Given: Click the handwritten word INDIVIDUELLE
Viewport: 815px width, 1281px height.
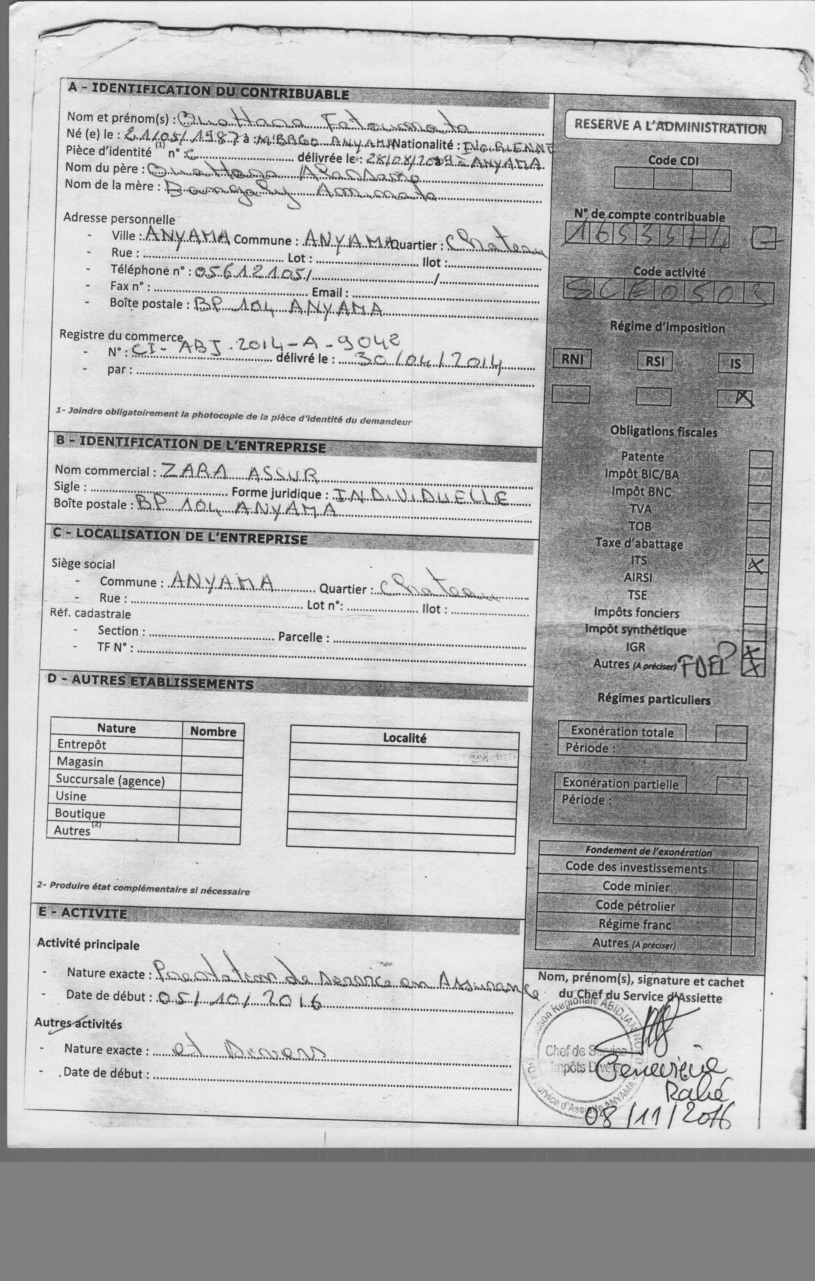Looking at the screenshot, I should point(420,497).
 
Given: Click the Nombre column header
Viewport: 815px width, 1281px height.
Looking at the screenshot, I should point(213,731).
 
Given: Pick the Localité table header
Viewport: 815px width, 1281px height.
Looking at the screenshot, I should point(404,738).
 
